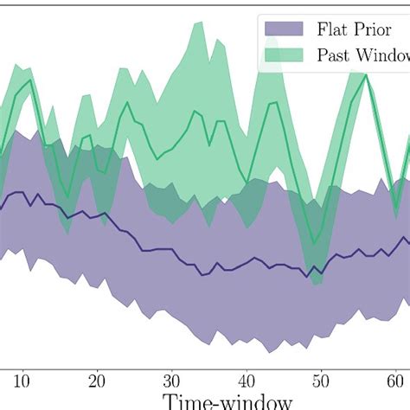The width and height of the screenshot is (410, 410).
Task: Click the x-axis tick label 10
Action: point(22,381)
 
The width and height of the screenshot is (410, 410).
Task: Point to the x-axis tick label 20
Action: point(97,381)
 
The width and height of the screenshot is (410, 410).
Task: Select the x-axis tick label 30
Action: point(171,381)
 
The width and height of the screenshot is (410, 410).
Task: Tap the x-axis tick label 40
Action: point(247,381)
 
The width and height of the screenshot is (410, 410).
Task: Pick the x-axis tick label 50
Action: point(321,381)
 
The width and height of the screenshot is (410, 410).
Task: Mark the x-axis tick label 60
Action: point(395,381)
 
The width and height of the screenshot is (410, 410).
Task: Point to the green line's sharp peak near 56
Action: point(367,75)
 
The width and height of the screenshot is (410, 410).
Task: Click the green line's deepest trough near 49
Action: point(316,245)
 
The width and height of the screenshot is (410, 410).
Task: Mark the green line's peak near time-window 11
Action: point(30,80)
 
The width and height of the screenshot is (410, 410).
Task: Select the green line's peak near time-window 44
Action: point(276,104)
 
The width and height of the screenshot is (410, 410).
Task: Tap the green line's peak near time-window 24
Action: point(127,103)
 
